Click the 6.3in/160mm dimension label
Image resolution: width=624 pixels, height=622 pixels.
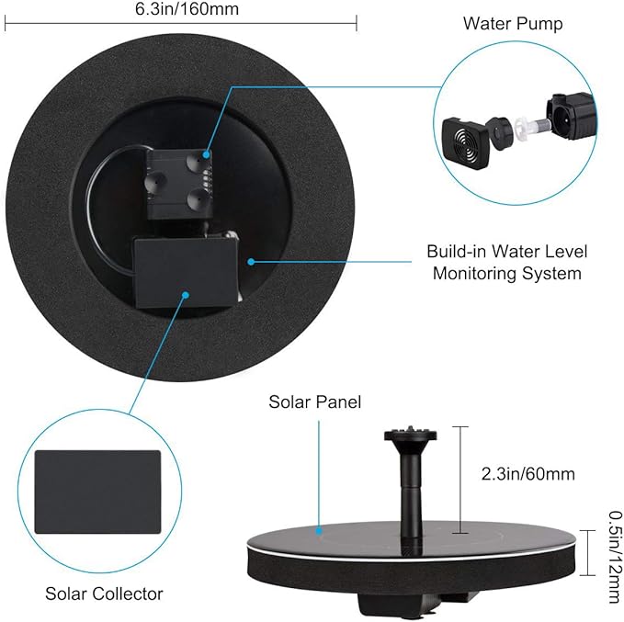coord(180,10)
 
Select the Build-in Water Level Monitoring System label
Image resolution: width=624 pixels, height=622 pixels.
coord(507,262)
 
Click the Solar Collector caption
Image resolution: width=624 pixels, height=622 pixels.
coord(104,594)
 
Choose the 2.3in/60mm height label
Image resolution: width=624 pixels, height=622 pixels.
coord(528,474)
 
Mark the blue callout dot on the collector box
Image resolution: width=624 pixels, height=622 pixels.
coord(186,296)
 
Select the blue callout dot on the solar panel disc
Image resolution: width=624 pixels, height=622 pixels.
coord(319,531)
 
